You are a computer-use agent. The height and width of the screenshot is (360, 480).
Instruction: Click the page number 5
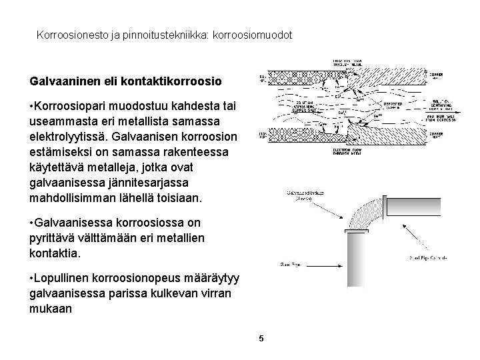(261, 339)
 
